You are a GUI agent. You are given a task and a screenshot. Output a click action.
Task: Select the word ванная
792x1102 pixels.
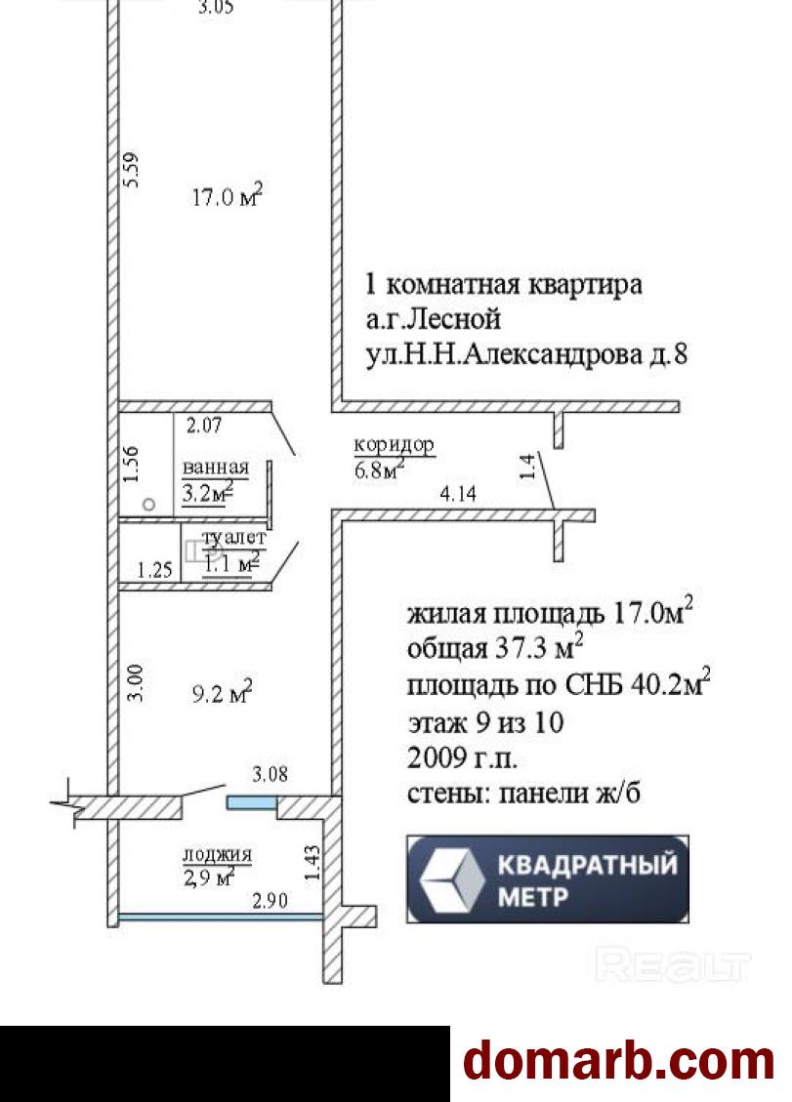(x=216, y=468)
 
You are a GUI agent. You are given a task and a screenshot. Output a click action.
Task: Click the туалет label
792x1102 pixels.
(x=234, y=538)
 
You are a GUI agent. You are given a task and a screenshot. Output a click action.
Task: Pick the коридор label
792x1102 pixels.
(x=394, y=445)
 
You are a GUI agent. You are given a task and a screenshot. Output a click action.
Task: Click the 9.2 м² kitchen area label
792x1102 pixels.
(x=223, y=694)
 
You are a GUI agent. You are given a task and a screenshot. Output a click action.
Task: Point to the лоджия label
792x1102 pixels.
(x=217, y=855)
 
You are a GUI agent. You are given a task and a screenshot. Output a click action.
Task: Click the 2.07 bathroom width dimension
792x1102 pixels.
(x=206, y=425)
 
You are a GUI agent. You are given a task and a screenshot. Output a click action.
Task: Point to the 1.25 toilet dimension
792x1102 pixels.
(x=154, y=570)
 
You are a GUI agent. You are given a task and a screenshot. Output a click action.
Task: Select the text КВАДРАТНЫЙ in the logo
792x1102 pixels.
(x=586, y=865)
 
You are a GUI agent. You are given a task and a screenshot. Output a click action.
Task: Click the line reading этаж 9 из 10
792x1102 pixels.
(x=485, y=723)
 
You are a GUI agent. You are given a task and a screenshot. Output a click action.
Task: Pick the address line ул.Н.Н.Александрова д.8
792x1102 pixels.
(x=526, y=355)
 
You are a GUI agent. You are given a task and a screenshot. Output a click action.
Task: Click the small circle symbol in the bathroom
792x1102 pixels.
(x=148, y=505)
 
